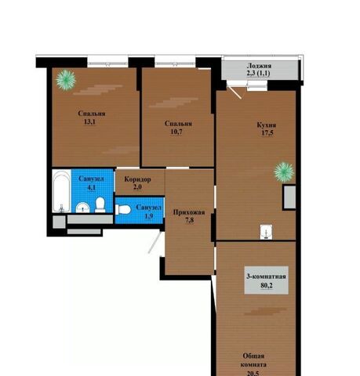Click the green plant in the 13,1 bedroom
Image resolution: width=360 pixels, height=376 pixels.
coord(66,80)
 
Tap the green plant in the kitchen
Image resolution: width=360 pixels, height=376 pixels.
coord(284,172)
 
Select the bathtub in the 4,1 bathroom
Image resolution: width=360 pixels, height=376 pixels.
coord(61,191)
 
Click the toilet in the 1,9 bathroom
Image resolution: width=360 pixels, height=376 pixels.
coord(123,209)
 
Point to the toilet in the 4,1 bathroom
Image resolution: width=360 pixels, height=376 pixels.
coord(100,205)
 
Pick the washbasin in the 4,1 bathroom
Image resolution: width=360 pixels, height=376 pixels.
coord(82,208)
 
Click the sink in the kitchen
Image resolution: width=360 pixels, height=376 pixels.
coord(266,232)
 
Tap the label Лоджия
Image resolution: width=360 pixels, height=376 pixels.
coord(259,66)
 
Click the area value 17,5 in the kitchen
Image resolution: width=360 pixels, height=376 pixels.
coord(267,133)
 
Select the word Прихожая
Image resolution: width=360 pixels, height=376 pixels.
coord(189,212)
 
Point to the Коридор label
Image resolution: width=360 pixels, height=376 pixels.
coord(137,179)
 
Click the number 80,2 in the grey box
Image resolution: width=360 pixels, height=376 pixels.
coord(267,285)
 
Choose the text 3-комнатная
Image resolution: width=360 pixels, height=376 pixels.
coord(266,277)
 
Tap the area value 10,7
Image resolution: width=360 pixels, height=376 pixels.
coord(176,132)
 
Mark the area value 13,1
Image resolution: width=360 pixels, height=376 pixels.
coord(89,121)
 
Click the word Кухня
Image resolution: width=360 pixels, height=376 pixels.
coord(267,125)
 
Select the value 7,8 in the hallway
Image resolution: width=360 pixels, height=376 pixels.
coord(190,220)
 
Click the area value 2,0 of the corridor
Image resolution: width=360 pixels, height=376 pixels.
coord(137,187)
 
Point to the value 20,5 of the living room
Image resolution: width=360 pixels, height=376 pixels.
coord(253,374)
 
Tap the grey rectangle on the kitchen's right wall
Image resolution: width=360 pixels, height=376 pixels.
coord(289,197)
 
